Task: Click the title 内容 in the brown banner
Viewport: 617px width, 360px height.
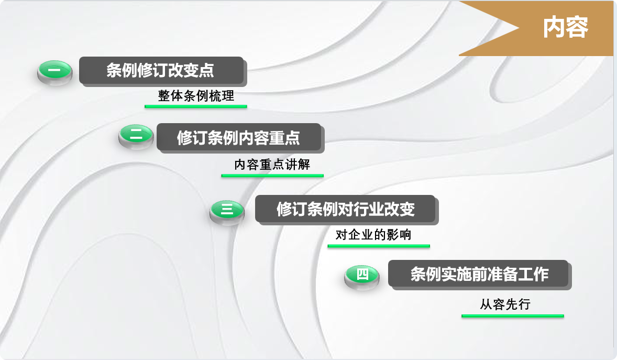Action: tap(566, 28)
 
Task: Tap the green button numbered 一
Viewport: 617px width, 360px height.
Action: tap(54, 72)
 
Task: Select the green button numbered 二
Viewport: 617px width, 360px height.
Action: tap(136, 136)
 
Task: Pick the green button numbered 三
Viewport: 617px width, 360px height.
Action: tap(227, 212)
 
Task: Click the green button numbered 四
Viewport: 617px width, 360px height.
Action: tap(362, 277)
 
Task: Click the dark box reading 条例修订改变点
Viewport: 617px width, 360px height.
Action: tap(162, 71)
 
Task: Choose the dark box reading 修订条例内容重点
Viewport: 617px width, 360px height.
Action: tap(239, 137)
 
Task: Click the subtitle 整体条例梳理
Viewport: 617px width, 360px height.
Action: tap(196, 96)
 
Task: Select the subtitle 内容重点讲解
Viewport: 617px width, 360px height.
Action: tap(272, 165)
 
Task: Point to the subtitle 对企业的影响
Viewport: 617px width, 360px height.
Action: tap(373, 235)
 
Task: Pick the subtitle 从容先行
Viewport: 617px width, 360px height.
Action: tap(505, 304)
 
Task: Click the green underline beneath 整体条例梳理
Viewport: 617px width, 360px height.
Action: tap(195, 106)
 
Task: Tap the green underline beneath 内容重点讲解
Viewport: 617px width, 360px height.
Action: tap(272, 176)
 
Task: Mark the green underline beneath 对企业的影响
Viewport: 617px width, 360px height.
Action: tap(379, 246)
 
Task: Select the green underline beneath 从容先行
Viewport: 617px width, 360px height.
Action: tap(513, 316)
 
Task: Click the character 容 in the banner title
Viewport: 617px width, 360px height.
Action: tap(577, 28)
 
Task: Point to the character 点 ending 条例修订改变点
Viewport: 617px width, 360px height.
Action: tap(206, 71)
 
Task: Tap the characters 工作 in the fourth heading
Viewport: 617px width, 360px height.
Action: tap(533, 274)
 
